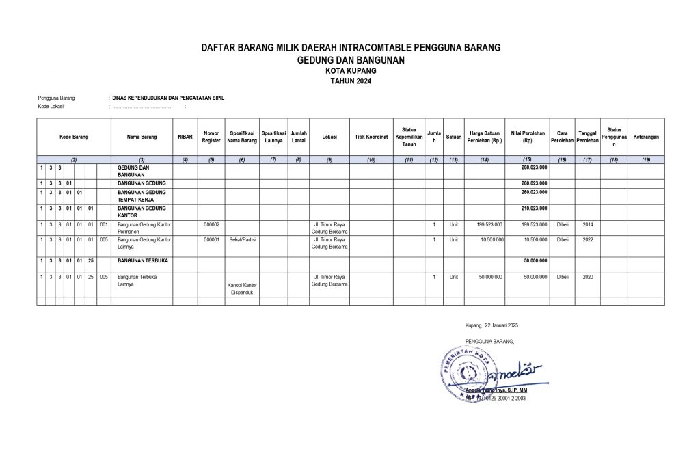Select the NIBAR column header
click(185, 137)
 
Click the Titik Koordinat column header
click(371, 137)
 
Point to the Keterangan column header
click(646, 137)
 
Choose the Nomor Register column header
click(211, 137)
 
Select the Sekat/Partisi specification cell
click(242, 240)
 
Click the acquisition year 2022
click(587, 240)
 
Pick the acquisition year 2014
click(587, 224)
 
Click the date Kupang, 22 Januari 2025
click(492, 325)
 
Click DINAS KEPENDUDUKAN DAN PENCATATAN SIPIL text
click(168, 98)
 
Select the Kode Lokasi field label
click(51, 107)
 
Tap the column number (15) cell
click(527, 159)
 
